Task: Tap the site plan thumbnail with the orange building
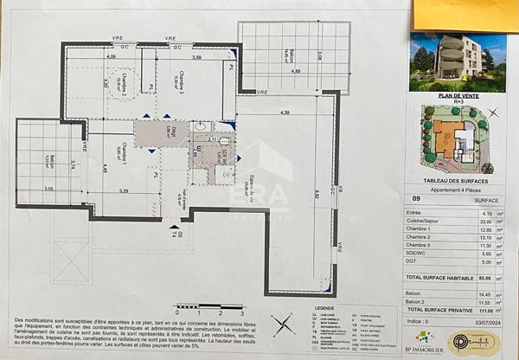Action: (458, 138)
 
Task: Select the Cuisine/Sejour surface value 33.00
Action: (486, 222)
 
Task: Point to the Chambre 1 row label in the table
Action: (421, 230)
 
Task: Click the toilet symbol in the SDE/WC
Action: (223, 140)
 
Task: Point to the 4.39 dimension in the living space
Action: (285, 113)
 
